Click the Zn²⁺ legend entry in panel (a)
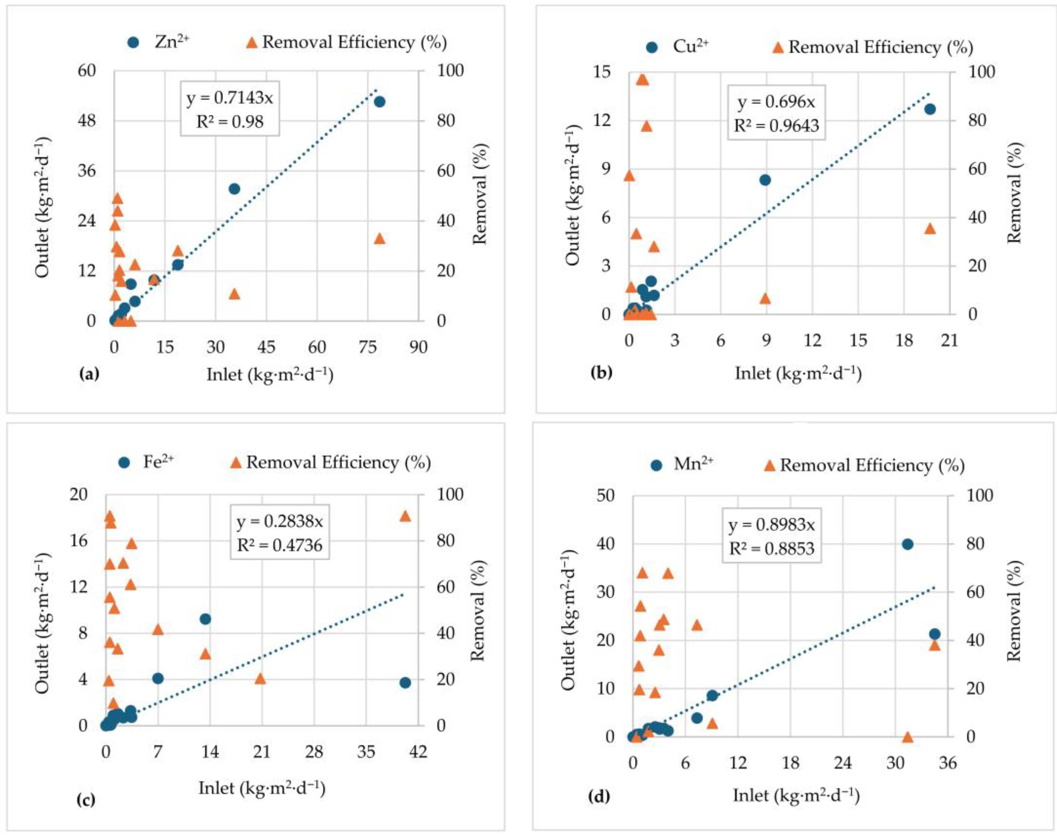[159, 43]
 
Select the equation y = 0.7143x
[230, 98]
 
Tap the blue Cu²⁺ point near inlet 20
[930, 109]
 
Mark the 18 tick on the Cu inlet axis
[904, 340]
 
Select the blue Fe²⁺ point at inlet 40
[405, 683]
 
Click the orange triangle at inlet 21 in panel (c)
[260, 678]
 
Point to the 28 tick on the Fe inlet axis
[314, 752]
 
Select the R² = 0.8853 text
[772, 549]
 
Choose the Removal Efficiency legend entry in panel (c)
[331, 462]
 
